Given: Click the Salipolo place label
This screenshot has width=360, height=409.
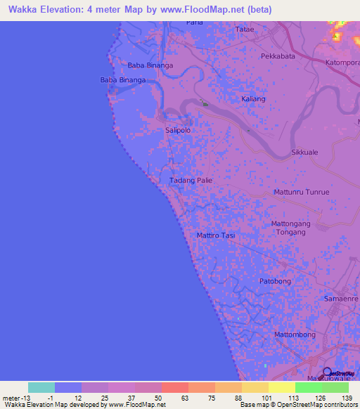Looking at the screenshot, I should point(177,130).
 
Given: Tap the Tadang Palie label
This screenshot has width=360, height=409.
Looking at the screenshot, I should point(191,181).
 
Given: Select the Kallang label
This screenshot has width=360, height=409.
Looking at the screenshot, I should point(253,99).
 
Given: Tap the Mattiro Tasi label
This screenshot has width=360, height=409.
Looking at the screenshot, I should point(215,235).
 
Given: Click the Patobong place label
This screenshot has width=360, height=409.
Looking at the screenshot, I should point(275,281).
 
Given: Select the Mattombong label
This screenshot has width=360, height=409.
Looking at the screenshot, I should point(295,335).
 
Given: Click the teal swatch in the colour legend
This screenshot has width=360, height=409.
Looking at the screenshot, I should point(41,387).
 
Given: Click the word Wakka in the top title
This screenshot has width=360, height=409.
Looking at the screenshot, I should point(22,10).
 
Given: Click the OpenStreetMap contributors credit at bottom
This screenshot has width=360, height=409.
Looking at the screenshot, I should point(315,405).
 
